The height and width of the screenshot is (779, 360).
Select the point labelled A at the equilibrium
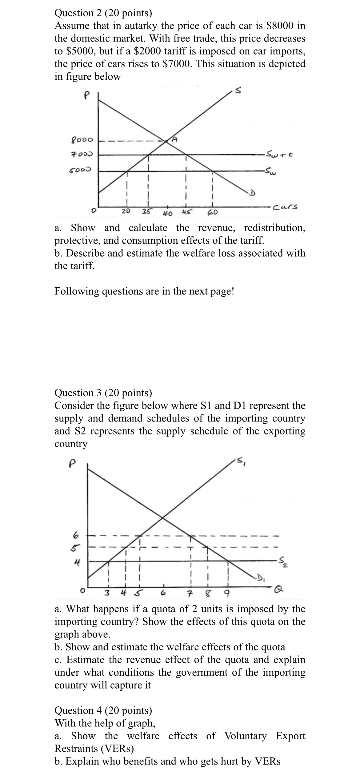[x=174, y=139]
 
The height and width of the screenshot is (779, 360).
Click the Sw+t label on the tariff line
[x=279, y=153]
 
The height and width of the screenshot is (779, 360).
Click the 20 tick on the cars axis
[x=125, y=211]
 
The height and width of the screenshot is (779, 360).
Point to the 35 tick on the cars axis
[x=146, y=211]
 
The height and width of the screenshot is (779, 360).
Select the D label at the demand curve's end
[x=252, y=193]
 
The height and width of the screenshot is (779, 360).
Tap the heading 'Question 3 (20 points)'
[x=103, y=393]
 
